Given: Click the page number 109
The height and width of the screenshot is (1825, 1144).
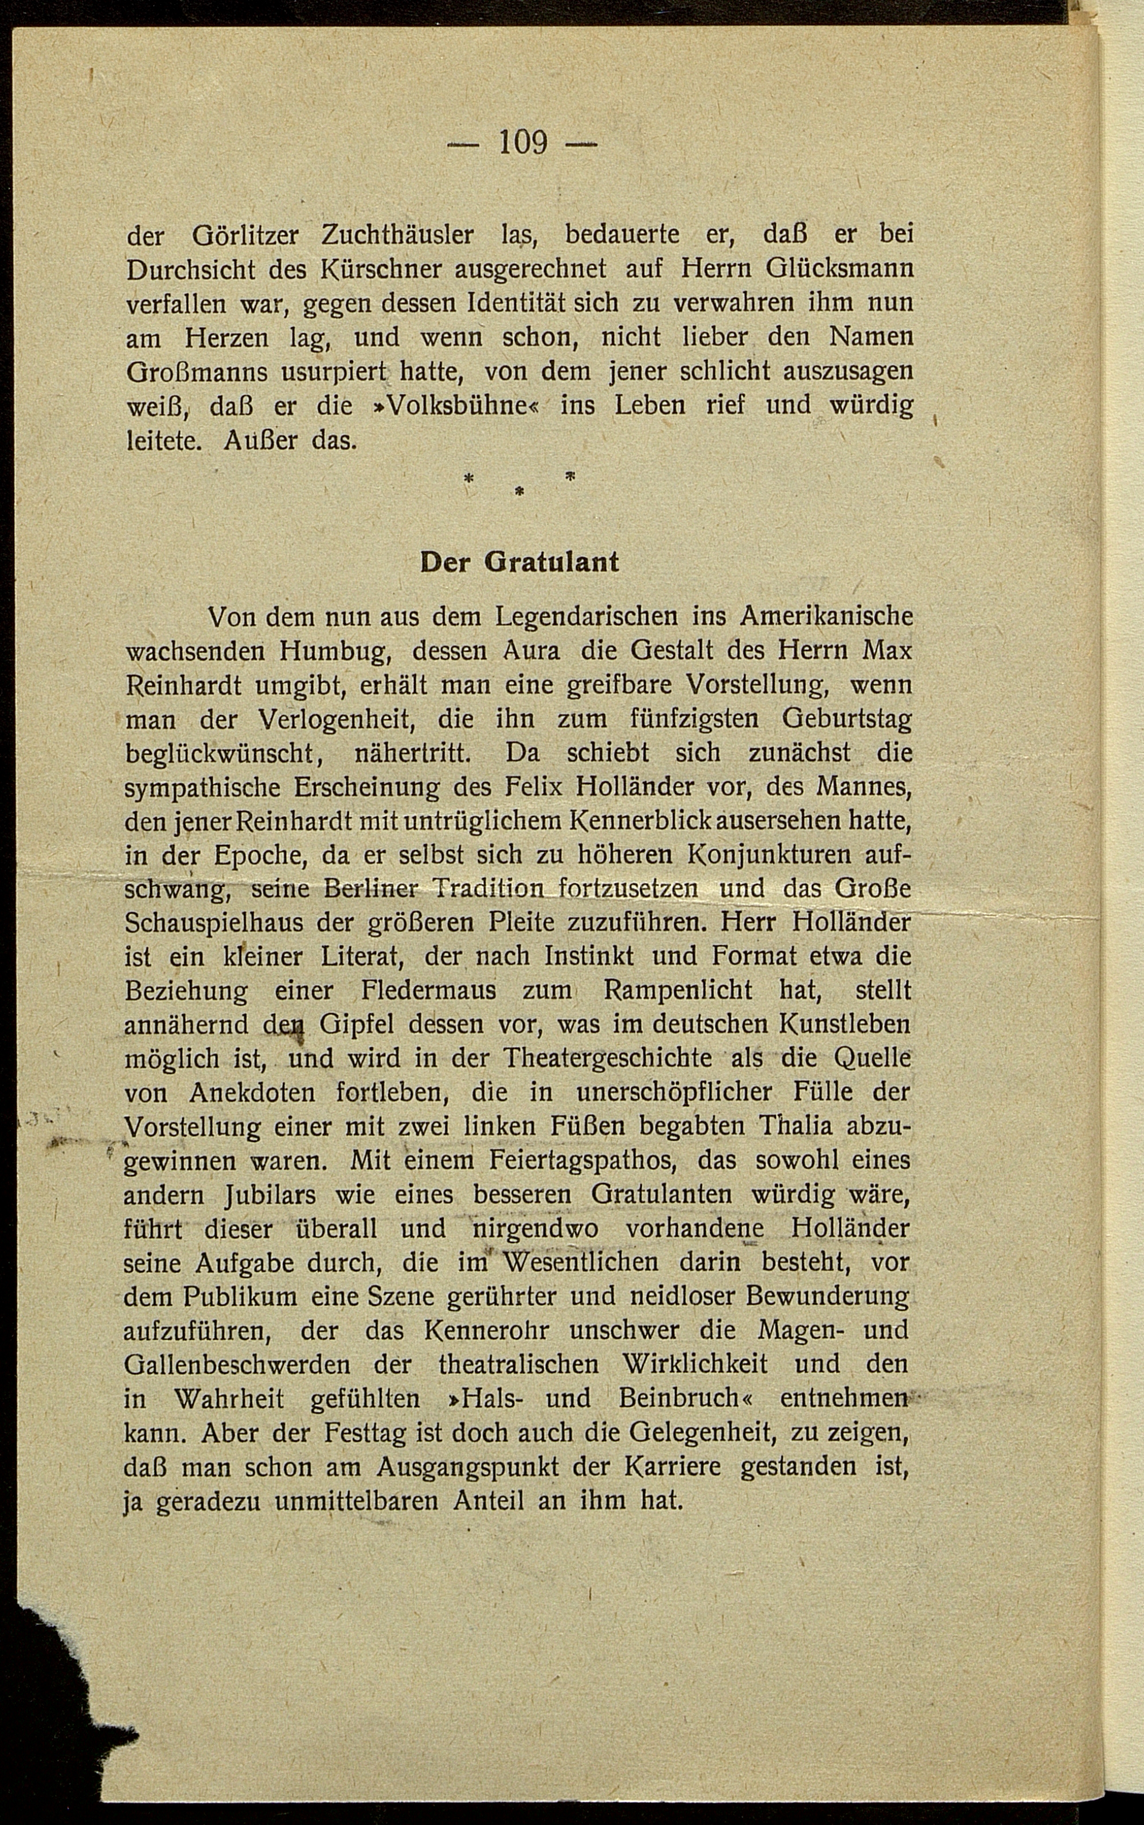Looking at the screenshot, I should point(522,142).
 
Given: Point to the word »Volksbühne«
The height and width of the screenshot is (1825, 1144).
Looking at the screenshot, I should point(452,406).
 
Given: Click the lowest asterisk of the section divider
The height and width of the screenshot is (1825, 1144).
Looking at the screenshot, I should point(519,492).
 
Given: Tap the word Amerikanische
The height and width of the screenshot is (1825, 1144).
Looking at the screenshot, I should point(826,617).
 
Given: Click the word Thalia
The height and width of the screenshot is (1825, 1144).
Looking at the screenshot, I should point(774,1126).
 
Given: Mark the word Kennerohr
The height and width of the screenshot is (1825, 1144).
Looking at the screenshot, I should point(486,1330).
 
